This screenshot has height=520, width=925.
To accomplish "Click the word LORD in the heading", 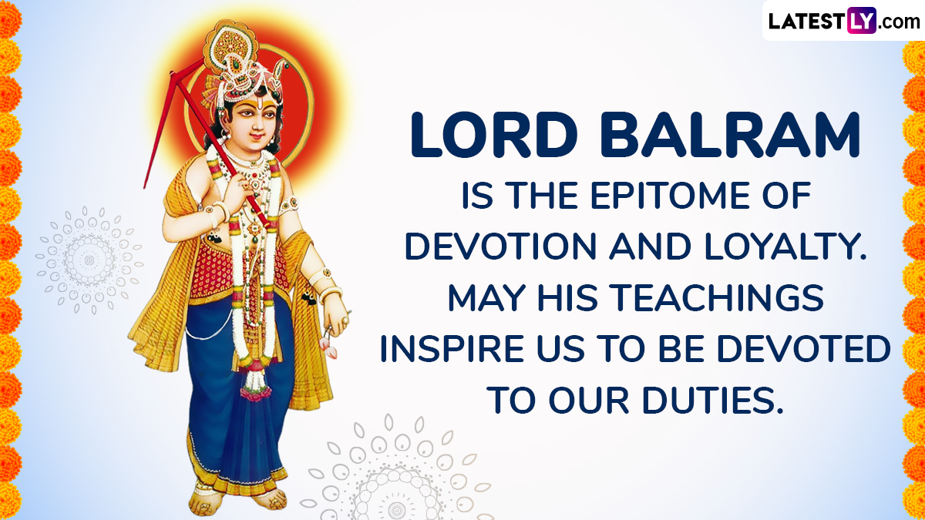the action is click(x=493, y=135).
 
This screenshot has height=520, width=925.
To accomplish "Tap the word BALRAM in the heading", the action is click(x=730, y=135).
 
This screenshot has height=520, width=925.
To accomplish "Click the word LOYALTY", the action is click(x=785, y=246).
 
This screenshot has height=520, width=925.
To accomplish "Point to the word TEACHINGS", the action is click(x=716, y=297).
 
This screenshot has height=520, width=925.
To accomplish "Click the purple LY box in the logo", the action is click(x=862, y=20).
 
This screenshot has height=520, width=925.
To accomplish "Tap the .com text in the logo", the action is click(x=898, y=22).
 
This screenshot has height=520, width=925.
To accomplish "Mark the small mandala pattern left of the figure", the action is click(x=89, y=260).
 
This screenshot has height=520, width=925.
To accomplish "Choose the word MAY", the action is click(x=486, y=297).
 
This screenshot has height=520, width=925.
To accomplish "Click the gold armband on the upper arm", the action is click(x=289, y=205).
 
